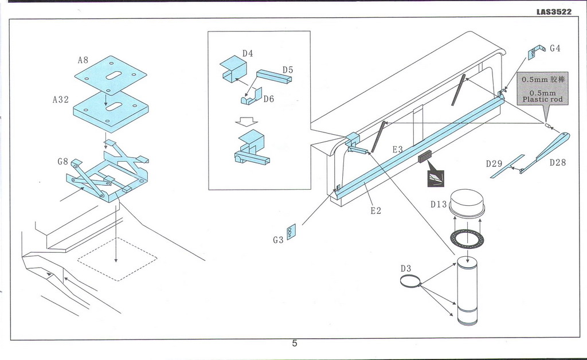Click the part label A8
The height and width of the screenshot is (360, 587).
click(x=83, y=60)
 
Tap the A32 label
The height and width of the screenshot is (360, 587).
click(x=60, y=99)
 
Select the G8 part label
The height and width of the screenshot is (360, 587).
click(x=63, y=162)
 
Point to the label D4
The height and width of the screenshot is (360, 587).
click(x=248, y=53)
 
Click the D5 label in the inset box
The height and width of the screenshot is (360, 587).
click(x=287, y=70)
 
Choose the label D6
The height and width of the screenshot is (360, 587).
click(x=269, y=99)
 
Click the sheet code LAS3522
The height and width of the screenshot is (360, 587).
click(x=554, y=11)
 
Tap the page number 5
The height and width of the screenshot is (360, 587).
click(x=294, y=344)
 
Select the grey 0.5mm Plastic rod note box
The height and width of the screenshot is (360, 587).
click(x=542, y=89)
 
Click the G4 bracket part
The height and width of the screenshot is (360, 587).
click(x=534, y=53)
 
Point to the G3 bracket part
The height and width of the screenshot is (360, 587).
click(x=291, y=232)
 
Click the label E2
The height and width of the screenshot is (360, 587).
click(x=375, y=210)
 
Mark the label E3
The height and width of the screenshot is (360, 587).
click(x=398, y=150)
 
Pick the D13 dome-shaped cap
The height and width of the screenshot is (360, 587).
click(x=467, y=203)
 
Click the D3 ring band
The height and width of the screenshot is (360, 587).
click(x=410, y=280)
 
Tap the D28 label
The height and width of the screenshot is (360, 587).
click(x=557, y=163)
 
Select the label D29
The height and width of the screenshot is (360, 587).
click(x=494, y=164)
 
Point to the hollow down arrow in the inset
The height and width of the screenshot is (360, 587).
click(x=248, y=122)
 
